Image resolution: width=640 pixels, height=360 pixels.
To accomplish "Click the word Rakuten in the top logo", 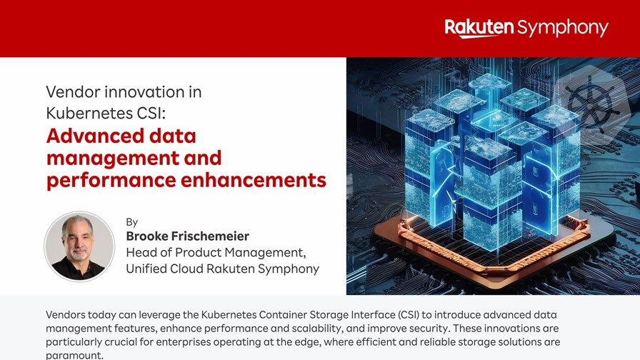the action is [x=479, y=27].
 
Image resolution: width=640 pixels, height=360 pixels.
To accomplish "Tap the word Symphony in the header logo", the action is [x=563, y=29].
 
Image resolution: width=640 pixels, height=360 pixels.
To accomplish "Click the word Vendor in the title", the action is [x=73, y=92].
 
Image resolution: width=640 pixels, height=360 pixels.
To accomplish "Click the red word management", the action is [x=113, y=159].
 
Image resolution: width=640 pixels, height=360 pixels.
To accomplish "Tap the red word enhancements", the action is [x=254, y=179].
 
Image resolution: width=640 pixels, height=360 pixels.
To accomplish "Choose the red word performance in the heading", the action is [x=111, y=181].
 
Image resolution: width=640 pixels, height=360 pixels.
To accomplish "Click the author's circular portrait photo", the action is [x=79, y=246].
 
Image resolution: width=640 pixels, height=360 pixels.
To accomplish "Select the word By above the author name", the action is [x=132, y=222].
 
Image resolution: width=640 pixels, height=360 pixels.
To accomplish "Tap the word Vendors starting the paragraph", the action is [x=66, y=315].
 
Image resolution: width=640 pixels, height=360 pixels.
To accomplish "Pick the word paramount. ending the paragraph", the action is [x=75, y=356].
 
